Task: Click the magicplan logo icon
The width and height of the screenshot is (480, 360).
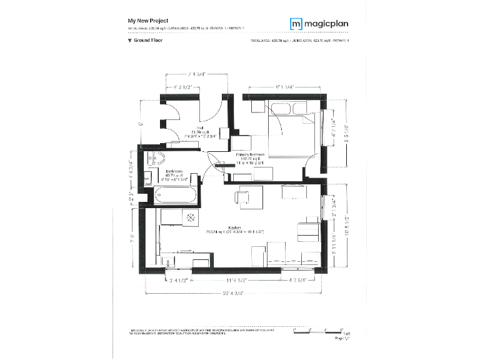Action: point(296,24)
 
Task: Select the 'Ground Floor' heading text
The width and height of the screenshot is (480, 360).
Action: point(148,40)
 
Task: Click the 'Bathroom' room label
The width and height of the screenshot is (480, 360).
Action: point(174,171)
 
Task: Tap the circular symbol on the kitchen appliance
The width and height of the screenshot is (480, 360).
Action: point(191,217)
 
